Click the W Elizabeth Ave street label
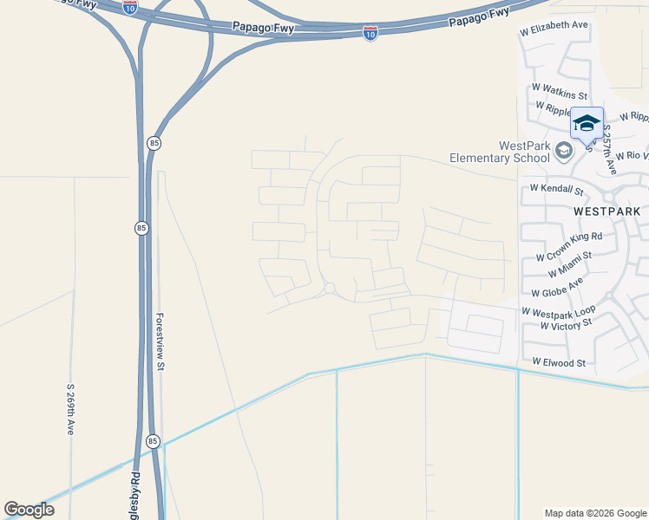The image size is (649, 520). pos(554,27)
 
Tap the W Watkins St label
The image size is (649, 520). pos(560,89)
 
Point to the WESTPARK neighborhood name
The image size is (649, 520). pos(606,211)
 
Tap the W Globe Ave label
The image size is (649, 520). pos(557,289)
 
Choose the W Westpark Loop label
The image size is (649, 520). pos(558,310)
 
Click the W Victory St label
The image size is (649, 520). pos(565,324)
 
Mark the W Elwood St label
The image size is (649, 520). pos(559,362)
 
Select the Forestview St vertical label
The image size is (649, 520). pos(161,342)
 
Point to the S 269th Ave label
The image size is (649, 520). pos(70,411)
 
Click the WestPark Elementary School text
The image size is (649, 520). pos(499,152)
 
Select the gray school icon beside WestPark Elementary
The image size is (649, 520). pos(564,153)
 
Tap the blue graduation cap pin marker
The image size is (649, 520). pos(587,123)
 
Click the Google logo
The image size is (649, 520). pos(29,510)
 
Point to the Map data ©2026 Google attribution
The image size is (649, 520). pos(594,513)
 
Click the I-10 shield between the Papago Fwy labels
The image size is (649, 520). pos(370,34)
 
